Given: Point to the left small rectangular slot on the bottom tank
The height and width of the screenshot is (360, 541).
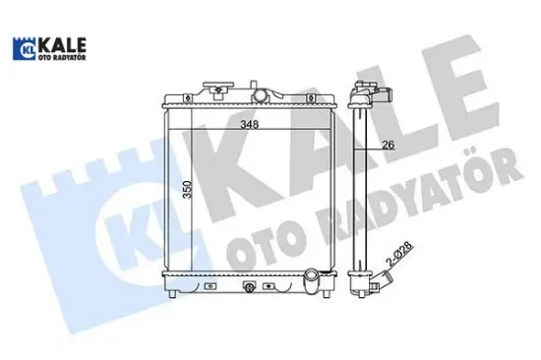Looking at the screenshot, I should pos(209,287).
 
